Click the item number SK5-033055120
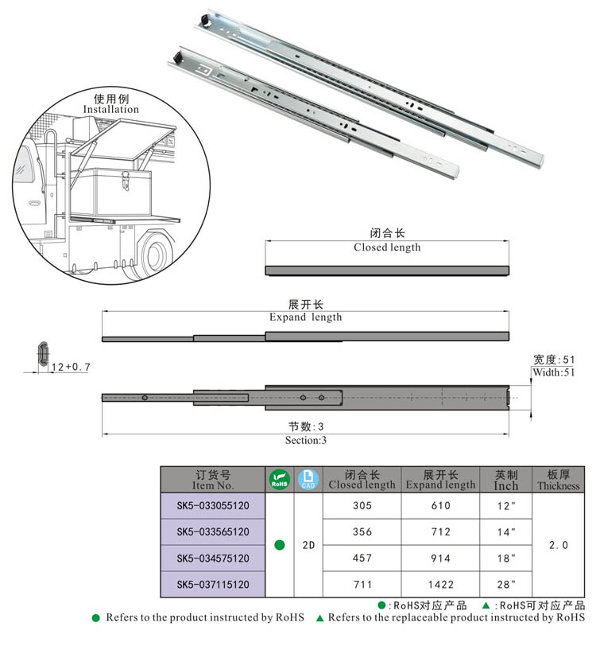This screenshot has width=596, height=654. point(213,505)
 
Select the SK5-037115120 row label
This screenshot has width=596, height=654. point(213,584)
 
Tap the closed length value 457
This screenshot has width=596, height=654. point(362,558)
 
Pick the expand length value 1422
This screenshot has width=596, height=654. point(440,584)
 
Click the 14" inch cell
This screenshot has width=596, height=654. point(505,531)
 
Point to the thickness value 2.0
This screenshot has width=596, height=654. point(559,545)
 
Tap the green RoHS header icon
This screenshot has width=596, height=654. point(279,479)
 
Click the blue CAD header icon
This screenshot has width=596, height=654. point(308,479)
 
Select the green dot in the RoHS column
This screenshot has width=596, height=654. point(279,545)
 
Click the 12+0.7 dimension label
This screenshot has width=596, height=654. point(71,367)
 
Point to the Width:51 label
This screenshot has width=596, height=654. point(553,372)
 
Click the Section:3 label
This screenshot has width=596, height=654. point(306,440)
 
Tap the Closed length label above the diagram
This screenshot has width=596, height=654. point(387,247)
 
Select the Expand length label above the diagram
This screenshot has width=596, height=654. point(305,317)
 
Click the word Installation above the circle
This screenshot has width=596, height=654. point(111,109)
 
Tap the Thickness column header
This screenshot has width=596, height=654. point(559,480)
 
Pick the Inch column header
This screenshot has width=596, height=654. point(505,480)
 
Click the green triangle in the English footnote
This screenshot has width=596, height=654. point(319,617)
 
